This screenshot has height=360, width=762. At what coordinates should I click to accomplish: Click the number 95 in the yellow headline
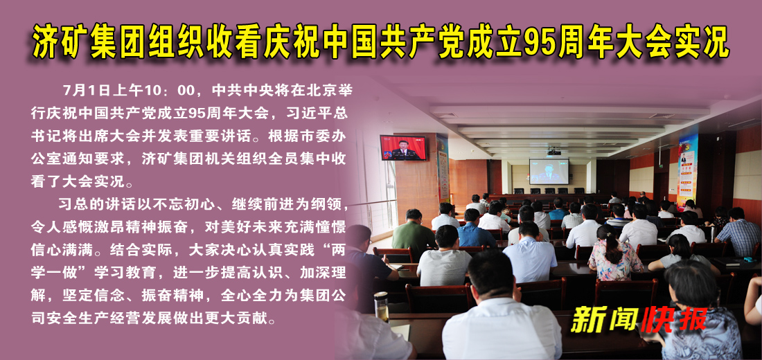tap(542, 43)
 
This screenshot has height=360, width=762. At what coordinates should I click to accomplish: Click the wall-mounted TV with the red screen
tap(404, 147)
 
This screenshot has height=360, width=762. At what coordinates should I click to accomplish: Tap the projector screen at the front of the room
tap(549, 170)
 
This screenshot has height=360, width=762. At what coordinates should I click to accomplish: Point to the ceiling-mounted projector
tap(553, 151)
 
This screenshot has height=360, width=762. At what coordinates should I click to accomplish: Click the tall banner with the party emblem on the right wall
tap(686, 169)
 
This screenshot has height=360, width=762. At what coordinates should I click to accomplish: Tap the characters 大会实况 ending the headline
tap(669, 43)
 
